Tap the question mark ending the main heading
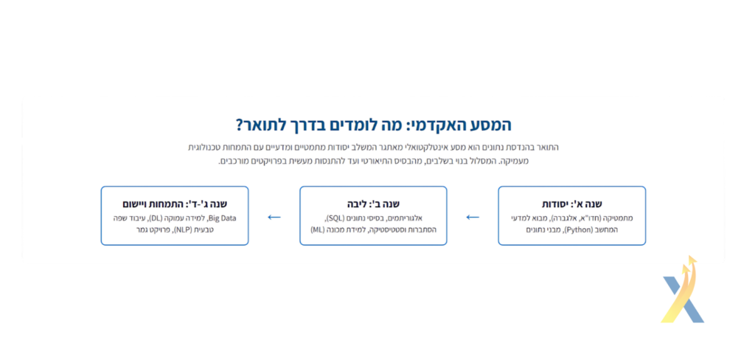point(240,125)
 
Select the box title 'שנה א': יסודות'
point(572,204)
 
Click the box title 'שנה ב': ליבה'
point(373,204)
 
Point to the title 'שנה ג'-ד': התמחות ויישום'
point(175,204)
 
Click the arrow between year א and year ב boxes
point(473,218)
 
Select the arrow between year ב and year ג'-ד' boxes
point(274,218)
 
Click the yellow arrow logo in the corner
point(683,289)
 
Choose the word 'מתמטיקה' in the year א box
point(618,218)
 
